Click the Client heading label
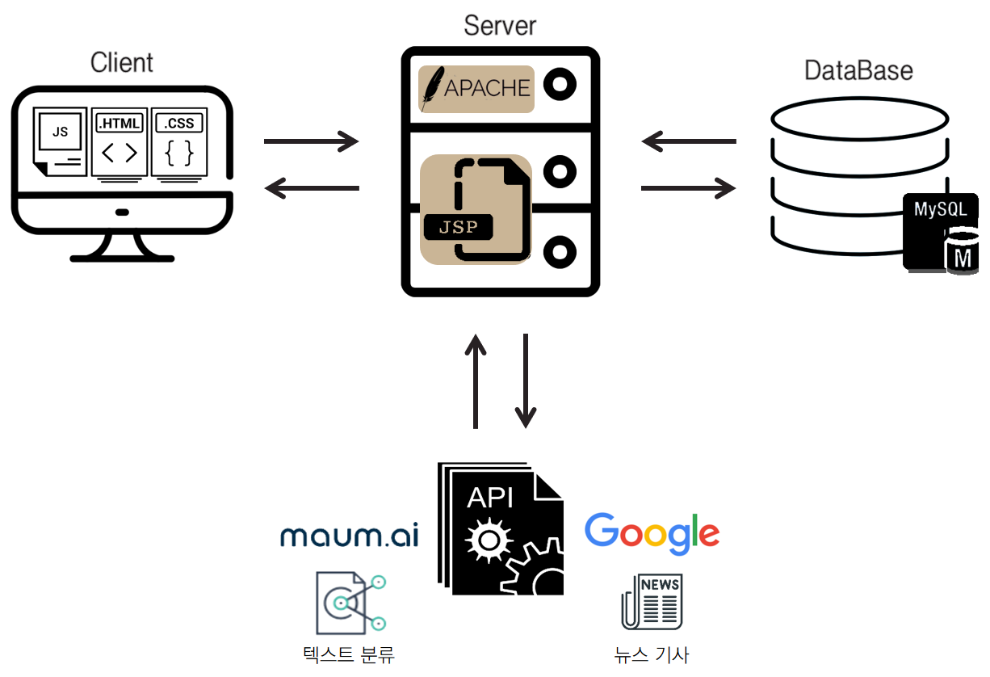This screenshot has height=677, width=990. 122,62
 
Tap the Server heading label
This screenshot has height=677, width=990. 500,25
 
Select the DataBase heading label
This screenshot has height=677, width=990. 858,70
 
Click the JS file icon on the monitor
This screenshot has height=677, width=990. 60,141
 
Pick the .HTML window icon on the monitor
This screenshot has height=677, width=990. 120,143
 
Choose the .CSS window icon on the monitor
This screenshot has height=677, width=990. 179,143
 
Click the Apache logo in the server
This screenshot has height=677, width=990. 476,88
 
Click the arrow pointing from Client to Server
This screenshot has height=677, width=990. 311,141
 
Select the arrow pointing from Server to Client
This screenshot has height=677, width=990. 311,189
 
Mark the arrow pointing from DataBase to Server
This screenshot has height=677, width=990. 688,141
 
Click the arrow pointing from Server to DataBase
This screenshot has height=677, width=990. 688,189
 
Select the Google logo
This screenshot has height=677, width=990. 652,533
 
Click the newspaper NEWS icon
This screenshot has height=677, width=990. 652,602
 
